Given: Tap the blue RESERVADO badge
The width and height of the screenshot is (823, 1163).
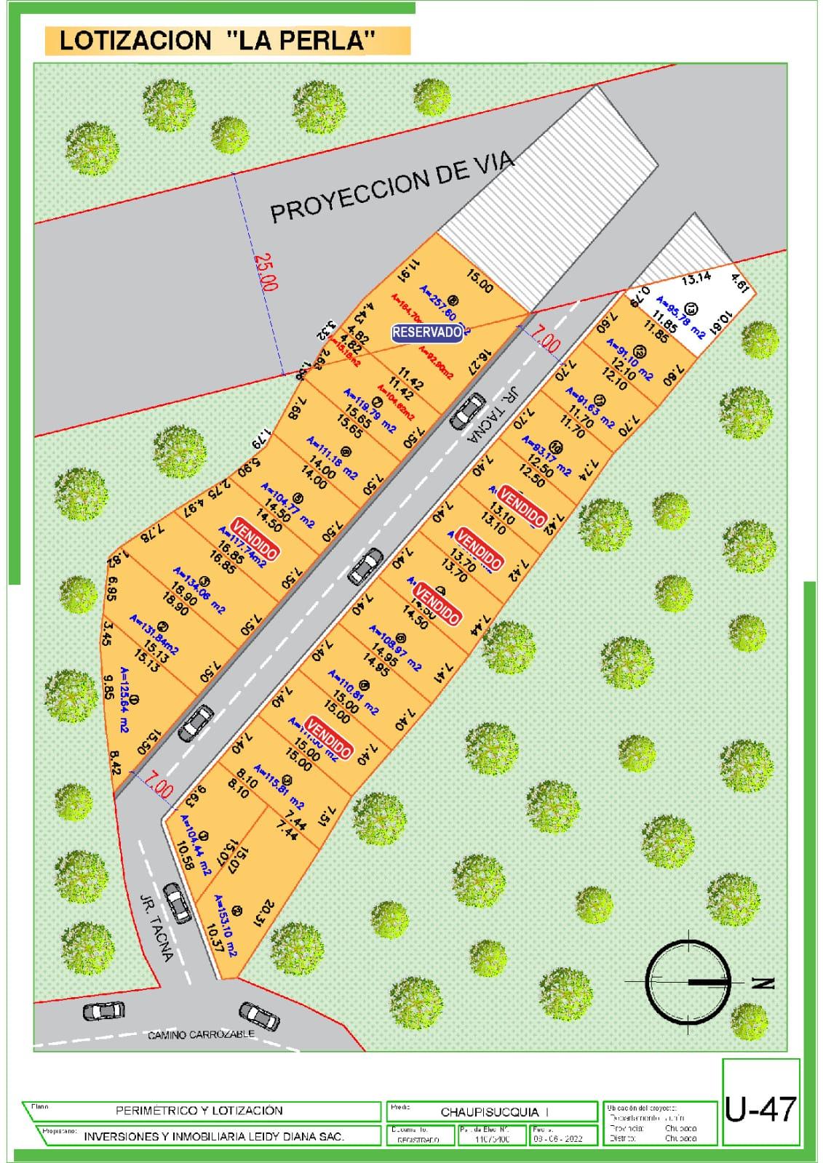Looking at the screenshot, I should (x=428, y=332).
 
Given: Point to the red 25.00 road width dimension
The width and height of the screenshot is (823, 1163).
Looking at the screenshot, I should (x=266, y=271).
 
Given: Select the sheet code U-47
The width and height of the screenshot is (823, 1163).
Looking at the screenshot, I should (x=760, y=1109).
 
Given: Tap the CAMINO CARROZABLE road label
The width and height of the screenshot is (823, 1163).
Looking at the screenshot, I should (x=201, y=1034).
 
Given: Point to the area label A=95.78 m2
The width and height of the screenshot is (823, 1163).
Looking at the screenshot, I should (x=681, y=317).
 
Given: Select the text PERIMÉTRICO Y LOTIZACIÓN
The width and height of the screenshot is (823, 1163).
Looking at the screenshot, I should (x=199, y=1111).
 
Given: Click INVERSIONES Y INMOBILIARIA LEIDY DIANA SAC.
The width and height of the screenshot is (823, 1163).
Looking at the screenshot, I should (x=213, y=1136).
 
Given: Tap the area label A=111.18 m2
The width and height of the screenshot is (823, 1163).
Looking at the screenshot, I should (x=332, y=457).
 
